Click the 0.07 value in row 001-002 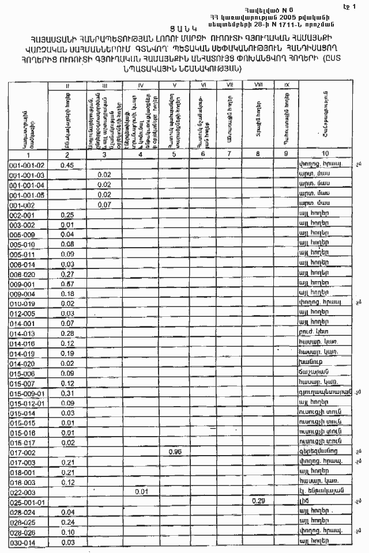[x=104, y=204]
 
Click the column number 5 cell [x=175, y=154]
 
